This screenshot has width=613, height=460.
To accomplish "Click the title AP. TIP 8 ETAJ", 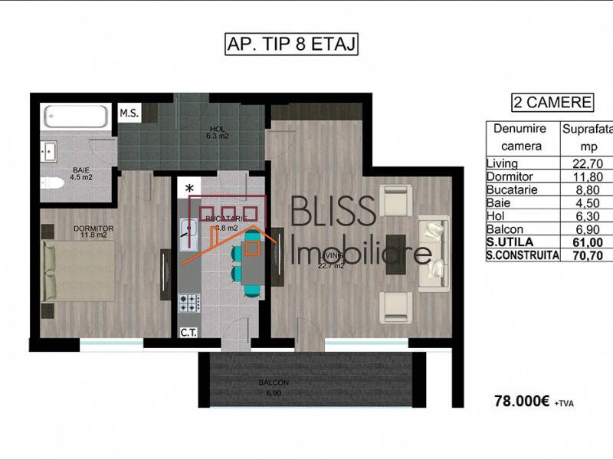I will coord(290,44).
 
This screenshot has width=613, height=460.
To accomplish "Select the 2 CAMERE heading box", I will coord(552,102).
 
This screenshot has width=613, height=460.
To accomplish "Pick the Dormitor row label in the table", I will coord(510,176).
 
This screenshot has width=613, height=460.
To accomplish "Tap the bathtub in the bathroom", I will coord(74,117).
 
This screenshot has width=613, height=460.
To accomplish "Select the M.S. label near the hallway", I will coord(129,113).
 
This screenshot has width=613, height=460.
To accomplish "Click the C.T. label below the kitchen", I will coord(187,332).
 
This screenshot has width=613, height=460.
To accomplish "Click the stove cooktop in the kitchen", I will coord(188,303).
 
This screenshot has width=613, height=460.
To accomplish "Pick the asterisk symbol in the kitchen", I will coord(189,187).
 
